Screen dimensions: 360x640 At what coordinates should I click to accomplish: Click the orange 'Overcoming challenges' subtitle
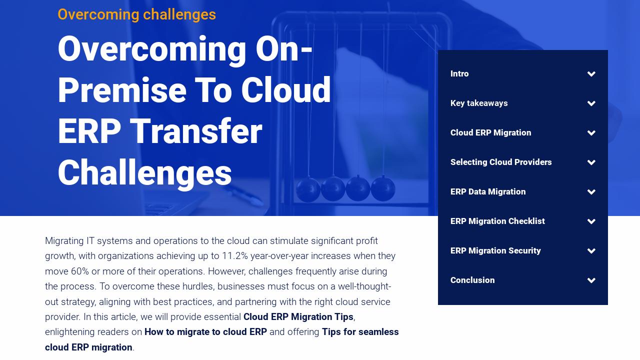[136, 14]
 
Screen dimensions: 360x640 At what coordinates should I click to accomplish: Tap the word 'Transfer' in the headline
[196, 131]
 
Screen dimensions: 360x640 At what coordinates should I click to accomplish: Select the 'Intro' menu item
[459, 74]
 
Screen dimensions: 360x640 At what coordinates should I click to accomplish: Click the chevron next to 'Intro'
[591, 74]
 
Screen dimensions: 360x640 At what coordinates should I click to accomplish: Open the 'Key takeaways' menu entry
[479, 103]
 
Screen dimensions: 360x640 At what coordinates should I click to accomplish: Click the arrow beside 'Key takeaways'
[591, 103]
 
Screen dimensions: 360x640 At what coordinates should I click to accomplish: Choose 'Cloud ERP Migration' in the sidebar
[490, 133]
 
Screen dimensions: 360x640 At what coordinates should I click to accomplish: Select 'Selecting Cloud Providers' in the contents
[501, 162]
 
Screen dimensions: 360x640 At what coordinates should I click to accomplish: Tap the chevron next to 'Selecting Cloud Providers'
[591, 162]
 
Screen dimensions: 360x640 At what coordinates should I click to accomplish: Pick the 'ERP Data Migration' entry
[488, 192]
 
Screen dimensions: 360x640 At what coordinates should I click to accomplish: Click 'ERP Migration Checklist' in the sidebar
[497, 221]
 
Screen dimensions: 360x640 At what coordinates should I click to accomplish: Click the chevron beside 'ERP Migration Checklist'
[591, 221]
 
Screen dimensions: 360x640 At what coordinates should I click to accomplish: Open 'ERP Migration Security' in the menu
[495, 251]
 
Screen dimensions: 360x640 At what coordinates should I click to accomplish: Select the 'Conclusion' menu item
[472, 280]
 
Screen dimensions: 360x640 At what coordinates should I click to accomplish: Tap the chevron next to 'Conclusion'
[591, 280]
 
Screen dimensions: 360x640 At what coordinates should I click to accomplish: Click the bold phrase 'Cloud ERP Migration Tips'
[298, 317]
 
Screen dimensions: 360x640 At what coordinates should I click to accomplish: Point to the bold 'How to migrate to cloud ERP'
[205, 332]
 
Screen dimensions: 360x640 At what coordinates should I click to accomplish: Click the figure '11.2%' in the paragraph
[235, 256]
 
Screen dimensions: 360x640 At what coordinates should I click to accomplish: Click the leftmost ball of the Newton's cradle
[308, 189]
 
